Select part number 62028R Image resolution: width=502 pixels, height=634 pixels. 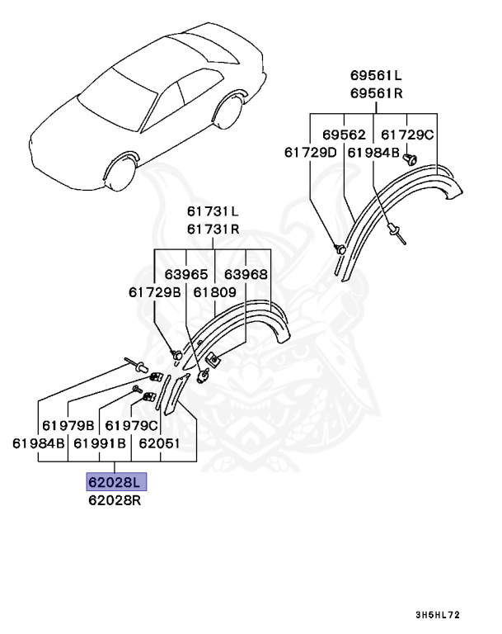[x=116, y=500]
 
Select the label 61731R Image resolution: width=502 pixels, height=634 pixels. [x=212, y=230]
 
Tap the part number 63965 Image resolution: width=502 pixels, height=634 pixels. [x=185, y=273]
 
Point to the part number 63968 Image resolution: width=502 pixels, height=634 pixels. [x=246, y=273]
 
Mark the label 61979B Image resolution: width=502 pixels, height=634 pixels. [x=68, y=425]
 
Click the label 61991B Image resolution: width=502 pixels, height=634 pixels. [x=99, y=443]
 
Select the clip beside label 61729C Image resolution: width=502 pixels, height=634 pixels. [x=415, y=158]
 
